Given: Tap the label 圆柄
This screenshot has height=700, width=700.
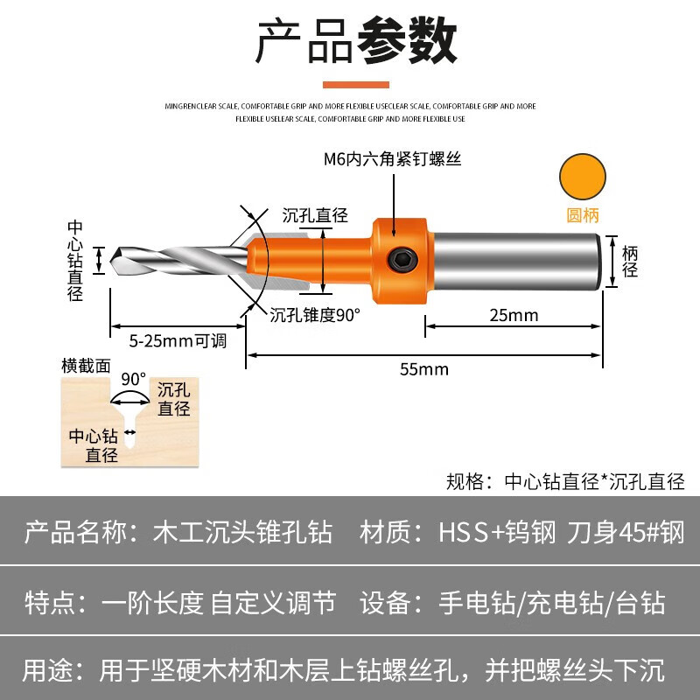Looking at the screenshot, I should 583,214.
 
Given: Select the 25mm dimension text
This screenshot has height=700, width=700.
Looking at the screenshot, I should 514,315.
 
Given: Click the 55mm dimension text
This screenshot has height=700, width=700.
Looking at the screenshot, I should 424,368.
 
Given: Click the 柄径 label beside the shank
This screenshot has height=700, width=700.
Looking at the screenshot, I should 630,261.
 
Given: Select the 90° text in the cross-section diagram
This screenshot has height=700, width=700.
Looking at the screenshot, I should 133,380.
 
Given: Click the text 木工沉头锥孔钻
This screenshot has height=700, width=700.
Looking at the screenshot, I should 243,532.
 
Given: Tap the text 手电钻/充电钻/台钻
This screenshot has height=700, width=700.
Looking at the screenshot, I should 552,602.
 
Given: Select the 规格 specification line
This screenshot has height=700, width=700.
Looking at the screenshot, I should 565,480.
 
